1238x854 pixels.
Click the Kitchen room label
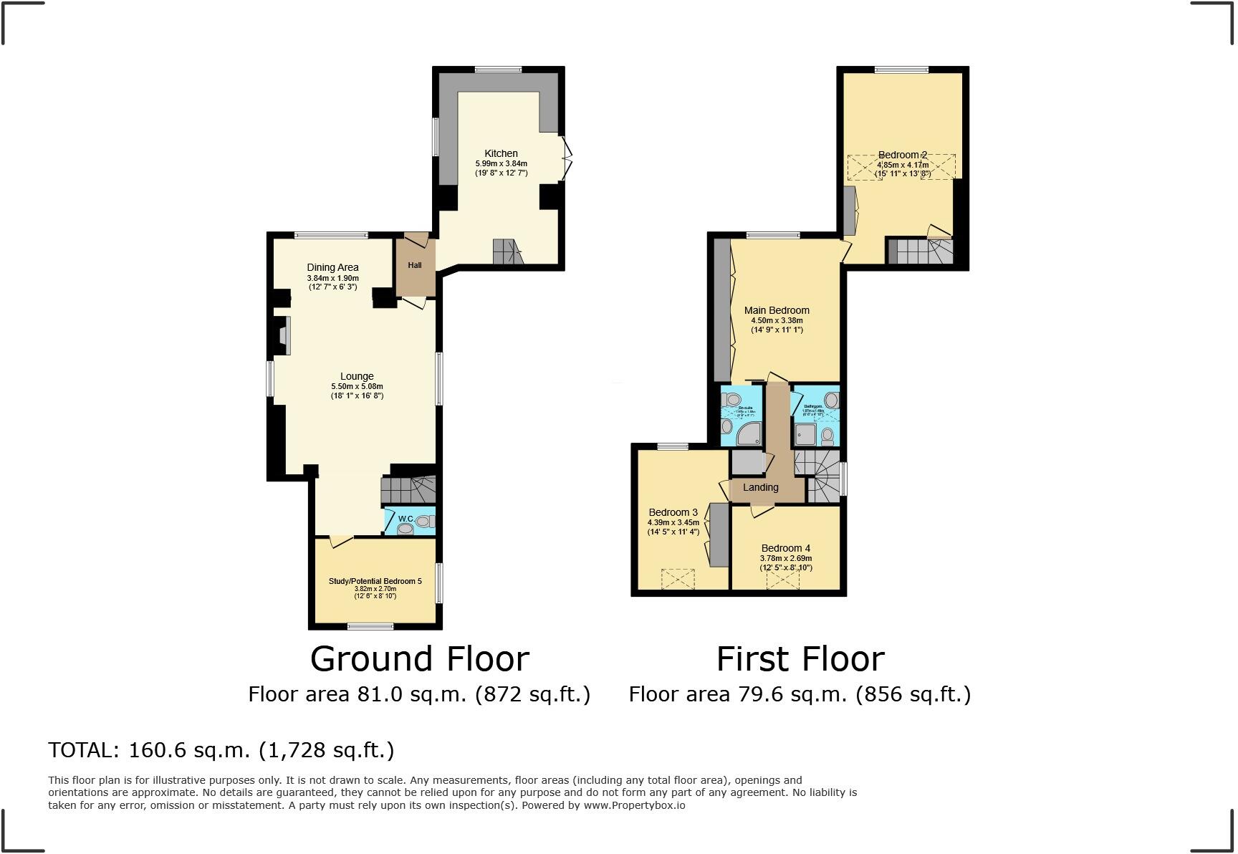click(501, 153)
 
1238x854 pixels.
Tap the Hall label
click(415, 265)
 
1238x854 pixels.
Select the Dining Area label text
click(332, 267)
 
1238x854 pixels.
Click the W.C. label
click(406, 519)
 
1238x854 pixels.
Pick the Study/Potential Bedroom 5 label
click(375, 581)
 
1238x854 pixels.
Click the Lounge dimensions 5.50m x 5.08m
click(357, 386)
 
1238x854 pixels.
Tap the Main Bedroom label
click(777, 310)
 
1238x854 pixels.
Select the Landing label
click(760, 487)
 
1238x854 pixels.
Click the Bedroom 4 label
click(785, 548)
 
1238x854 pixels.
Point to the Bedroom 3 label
click(673, 512)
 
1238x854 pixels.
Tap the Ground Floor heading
click(419, 659)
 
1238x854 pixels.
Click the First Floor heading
click(800, 659)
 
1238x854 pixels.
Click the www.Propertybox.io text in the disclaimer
click(634, 805)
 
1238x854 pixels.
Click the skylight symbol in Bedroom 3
click(678, 579)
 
